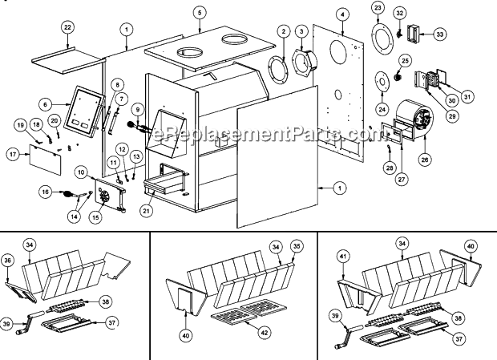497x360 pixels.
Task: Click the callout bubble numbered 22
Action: point(67,27)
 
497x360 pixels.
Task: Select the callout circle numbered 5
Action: point(200,12)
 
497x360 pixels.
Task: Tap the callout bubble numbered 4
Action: point(342,14)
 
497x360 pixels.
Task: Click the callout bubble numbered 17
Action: point(13,153)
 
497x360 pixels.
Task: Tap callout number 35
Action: point(296,246)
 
